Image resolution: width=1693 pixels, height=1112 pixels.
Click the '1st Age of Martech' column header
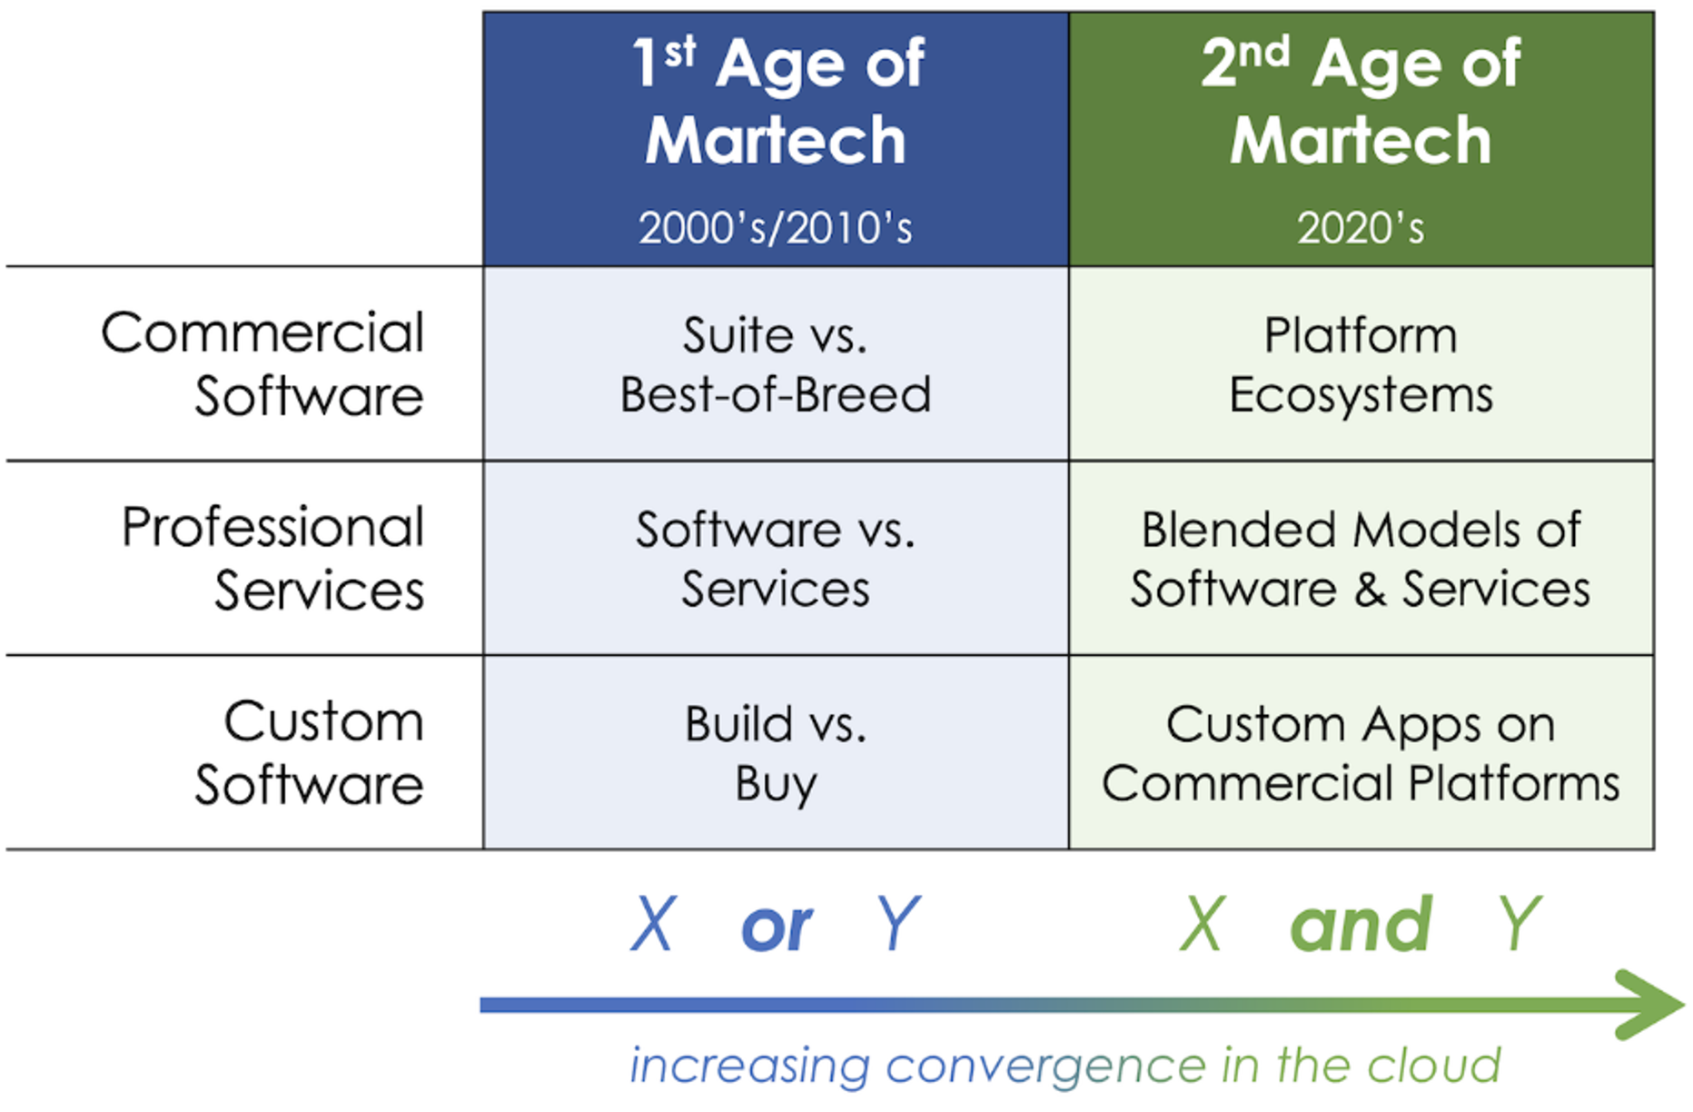tap(777, 101)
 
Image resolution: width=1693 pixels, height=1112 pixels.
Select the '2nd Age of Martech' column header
tap(1361, 101)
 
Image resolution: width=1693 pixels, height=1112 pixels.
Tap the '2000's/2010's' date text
tap(775, 228)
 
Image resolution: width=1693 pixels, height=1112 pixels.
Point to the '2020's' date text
tap(1361, 228)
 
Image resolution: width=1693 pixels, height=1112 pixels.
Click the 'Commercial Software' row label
tap(263, 363)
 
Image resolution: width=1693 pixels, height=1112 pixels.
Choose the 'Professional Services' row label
tap(273, 558)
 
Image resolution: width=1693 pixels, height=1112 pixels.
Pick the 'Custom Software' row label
tap(310, 752)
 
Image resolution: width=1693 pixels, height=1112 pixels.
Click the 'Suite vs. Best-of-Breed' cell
tap(776, 364)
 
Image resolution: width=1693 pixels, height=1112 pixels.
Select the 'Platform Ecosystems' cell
tap(1361, 364)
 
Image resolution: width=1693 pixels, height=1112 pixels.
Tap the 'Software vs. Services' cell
tap(776, 559)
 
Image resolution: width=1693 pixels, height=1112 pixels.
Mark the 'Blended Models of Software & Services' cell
tap(1361, 559)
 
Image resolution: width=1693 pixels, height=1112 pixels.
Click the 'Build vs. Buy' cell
tap(776, 753)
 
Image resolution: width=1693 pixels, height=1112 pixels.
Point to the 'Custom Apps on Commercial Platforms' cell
tap(1361, 753)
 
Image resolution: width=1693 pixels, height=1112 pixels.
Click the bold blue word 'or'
tap(777, 928)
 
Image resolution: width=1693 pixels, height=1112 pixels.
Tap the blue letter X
tap(654, 924)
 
